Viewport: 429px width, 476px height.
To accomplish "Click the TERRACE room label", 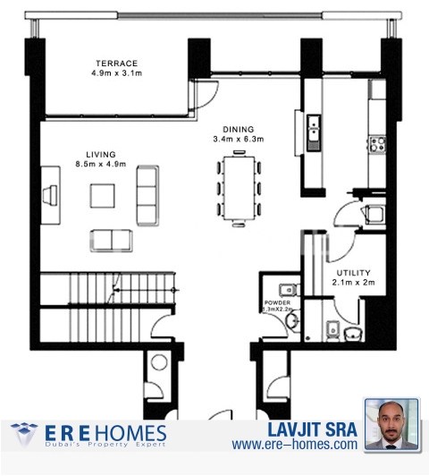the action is coord(117,64).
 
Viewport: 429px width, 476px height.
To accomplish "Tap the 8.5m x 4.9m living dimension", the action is coord(101,165).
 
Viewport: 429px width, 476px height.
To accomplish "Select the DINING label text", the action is coord(239,130).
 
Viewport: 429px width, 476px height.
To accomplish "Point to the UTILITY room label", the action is coord(353,273).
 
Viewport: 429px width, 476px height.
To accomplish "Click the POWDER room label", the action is coord(277,302).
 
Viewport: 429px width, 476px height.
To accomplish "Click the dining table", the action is coord(240,188).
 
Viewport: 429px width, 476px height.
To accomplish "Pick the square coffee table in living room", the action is coord(102,196).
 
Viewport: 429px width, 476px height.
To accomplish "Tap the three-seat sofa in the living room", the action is coord(147,195).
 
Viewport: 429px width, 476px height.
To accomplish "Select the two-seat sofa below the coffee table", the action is coord(111,241).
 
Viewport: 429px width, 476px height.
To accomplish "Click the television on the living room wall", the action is coord(50,195).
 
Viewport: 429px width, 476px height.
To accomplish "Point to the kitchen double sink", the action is coord(314,132).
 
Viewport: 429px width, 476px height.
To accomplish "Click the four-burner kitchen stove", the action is coord(377,144).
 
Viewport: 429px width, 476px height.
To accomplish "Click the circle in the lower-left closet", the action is coord(159,362).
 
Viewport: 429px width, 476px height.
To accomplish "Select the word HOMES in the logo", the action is coord(130,433).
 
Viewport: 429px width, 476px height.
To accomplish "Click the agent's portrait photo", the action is coord(392,424).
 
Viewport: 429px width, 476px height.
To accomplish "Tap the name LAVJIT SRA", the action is coord(312,429).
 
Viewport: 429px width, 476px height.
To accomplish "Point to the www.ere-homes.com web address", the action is coord(295,445).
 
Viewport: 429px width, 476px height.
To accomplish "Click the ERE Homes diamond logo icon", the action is coord(24,435).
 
